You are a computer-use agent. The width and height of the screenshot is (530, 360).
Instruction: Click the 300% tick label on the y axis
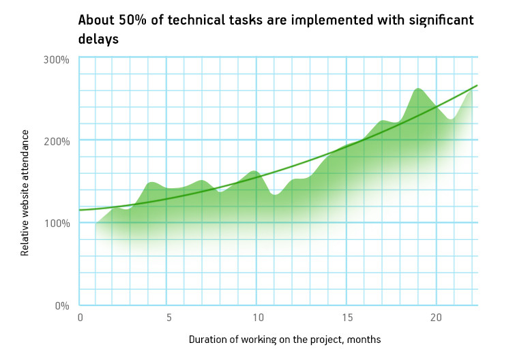pyautogui.click(x=56, y=60)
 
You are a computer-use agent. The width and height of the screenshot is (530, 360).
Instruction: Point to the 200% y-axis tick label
pyautogui.click(x=57, y=141)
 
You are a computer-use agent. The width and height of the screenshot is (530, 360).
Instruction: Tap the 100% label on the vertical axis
pyautogui.click(x=57, y=223)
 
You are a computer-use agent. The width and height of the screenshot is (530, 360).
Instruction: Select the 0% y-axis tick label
pyautogui.click(x=62, y=306)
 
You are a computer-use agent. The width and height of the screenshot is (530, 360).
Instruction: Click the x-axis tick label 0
pyautogui.click(x=80, y=318)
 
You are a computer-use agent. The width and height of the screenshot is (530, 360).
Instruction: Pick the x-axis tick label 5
pyautogui.click(x=169, y=318)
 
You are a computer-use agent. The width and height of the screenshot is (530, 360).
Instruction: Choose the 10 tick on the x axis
pyautogui.click(x=259, y=318)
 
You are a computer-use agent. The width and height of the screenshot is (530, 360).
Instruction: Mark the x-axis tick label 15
pyautogui.click(x=347, y=318)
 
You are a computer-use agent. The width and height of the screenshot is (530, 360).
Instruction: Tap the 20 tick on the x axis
pyautogui.click(x=436, y=318)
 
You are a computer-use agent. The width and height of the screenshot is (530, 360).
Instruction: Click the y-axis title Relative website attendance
pyautogui.click(x=25, y=193)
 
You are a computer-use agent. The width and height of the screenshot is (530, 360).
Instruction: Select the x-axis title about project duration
pyautogui.click(x=284, y=340)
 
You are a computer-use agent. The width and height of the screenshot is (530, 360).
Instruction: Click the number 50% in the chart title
pyautogui.click(x=132, y=20)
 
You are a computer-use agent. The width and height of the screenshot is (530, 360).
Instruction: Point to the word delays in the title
pyautogui.click(x=98, y=39)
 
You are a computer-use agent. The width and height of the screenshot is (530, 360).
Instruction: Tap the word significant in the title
pyautogui.click(x=441, y=20)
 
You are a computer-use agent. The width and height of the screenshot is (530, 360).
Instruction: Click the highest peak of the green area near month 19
pyautogui.click(x=418, y=89)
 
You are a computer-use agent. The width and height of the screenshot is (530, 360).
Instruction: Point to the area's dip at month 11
pyautogui.click(x=276, y=194)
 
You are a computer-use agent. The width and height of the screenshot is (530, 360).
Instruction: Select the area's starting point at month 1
pyautogui.click(x=96, y=223)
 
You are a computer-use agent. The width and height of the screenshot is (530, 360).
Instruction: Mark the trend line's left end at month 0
pyautogui.click(x=79, y=210)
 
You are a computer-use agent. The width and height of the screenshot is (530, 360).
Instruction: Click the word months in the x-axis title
pyautogui.click(x=364, y=340)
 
